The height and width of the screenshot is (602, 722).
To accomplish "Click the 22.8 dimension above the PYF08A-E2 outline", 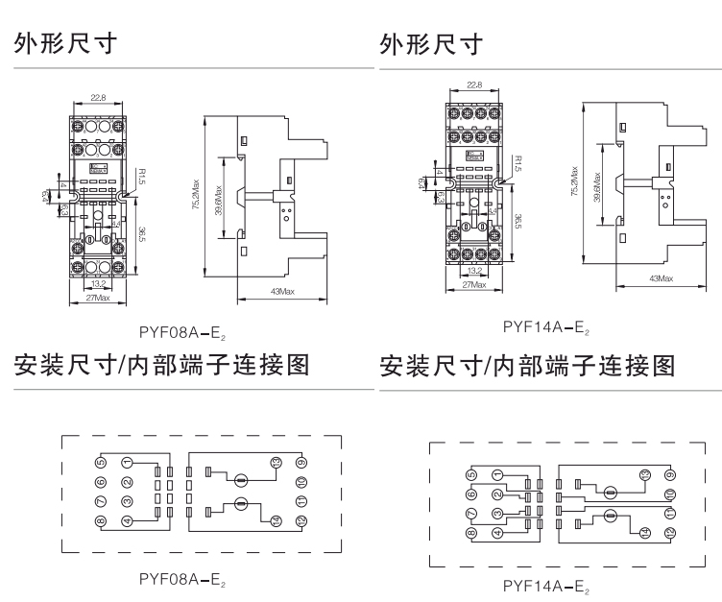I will click(98, 97).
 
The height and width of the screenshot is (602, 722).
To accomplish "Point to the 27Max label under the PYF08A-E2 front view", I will click(98, 300).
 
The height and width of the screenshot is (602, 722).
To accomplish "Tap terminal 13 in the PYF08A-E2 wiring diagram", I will click(277, 464).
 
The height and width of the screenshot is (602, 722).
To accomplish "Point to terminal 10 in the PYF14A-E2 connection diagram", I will click(669, 494).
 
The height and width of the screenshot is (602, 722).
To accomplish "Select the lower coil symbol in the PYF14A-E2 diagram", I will click(608, 519).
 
